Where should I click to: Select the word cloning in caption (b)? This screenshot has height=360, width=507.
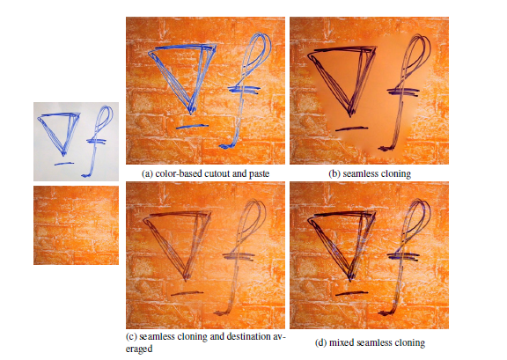coord(394,174)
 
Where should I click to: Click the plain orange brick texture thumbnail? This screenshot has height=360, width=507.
coord(75,224)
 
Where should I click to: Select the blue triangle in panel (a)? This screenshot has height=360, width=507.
coord(183,75)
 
